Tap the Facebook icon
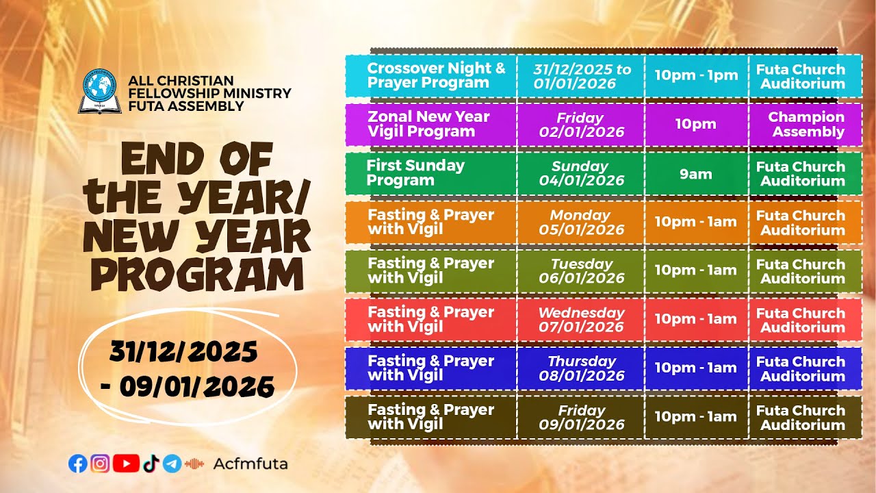(x=78, y=464)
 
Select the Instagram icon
(x=100, y=464)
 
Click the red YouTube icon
(x=126, y=464)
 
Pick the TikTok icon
(x=151, y=464)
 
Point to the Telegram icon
(x=172, y=464)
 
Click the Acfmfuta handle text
(x=250, y=464)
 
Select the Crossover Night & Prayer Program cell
(x=431, y=76)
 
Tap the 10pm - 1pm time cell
(x=696, y=76)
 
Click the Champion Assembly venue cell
(x=806, y=125)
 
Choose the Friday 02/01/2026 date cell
(x=580, y=125)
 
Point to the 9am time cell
(x=696, y=174)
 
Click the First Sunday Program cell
(x=431, y=173)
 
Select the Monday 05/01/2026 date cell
(x=580, y=222)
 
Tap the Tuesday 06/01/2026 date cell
(x=580, y=271)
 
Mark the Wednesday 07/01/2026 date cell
(x=580, y=320)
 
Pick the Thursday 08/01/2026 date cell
(x=580, y=368)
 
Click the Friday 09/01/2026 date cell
(x=580, y=417)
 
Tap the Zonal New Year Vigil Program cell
(x=431, y=125)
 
